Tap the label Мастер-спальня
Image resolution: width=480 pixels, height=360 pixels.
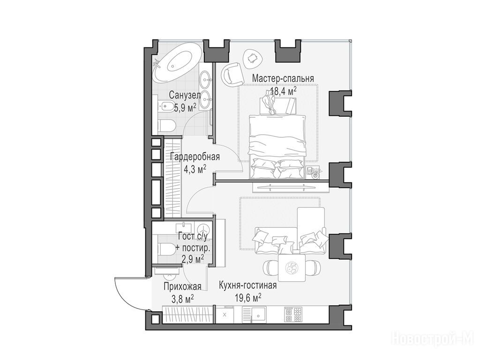coord(283,78)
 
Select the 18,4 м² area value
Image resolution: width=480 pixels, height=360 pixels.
coord(283,91)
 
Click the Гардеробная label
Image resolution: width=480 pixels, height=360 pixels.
coord(195,157)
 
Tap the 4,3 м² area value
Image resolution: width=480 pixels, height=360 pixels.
coord(195,169)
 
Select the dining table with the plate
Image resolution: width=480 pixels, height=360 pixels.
coord(292,268)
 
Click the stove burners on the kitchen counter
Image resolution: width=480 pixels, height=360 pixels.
coord(293,315)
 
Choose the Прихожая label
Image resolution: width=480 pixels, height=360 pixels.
coord(182,287)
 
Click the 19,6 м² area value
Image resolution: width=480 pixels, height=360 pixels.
coord(248,298)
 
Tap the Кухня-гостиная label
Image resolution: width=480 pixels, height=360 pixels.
coord(247,285)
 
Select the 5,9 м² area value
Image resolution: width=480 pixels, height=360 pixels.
coord(185,108)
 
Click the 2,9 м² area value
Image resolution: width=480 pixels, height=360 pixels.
coord(193,260)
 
